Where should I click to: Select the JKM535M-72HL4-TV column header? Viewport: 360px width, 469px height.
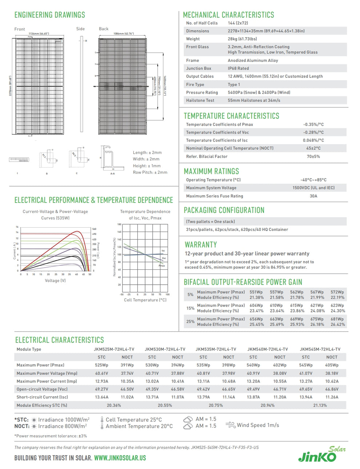pos(216,349)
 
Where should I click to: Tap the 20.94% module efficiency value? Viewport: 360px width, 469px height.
pos(267,405)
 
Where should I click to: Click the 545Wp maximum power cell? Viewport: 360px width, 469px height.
pos(306,365)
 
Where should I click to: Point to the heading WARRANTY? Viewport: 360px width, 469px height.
pos(201,245)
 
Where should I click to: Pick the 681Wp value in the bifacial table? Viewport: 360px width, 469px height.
pos(337,319)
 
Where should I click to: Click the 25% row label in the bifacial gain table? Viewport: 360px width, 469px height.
pos(190,322)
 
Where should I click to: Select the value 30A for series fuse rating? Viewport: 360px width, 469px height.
pos(313,196)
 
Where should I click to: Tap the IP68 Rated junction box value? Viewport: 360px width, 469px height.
pos(238,68)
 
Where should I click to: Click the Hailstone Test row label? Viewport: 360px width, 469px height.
pos(200,100)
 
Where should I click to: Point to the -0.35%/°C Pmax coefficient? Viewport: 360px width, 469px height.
pos(313,124)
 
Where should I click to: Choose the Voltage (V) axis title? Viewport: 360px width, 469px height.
pos(55,281)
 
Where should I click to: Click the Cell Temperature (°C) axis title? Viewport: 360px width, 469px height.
pos(145,300)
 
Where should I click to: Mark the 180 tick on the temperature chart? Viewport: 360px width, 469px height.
pos(120,224)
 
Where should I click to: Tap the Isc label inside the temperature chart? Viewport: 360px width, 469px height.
pos(163,250)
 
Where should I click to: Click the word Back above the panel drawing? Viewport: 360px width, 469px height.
pos(104,29)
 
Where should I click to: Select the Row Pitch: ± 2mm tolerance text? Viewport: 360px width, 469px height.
pos(150,172)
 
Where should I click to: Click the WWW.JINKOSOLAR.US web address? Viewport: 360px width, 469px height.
pos(120,458)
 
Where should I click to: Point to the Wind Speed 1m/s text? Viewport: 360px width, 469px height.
pos(258,425)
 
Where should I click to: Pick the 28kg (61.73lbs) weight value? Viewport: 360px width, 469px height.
pos(242,39)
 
